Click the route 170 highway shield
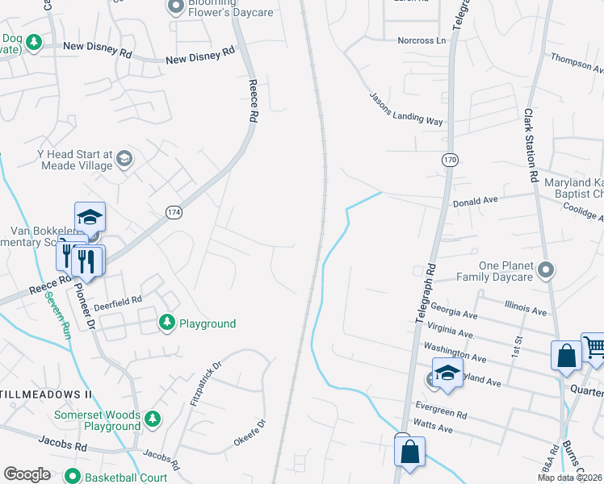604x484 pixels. (450, 161)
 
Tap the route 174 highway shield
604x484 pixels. (174, 211)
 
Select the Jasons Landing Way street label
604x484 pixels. (406, 109)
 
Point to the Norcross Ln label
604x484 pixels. (421, 40)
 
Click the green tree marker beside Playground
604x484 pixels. (167, 323)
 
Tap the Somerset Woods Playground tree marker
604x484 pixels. (153, 419)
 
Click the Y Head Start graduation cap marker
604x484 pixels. (124, 158)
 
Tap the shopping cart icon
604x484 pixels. (594, 348)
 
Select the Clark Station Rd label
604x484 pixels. (531, 145)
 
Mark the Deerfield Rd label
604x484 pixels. (120, 298)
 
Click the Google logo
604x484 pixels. (27, 474)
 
